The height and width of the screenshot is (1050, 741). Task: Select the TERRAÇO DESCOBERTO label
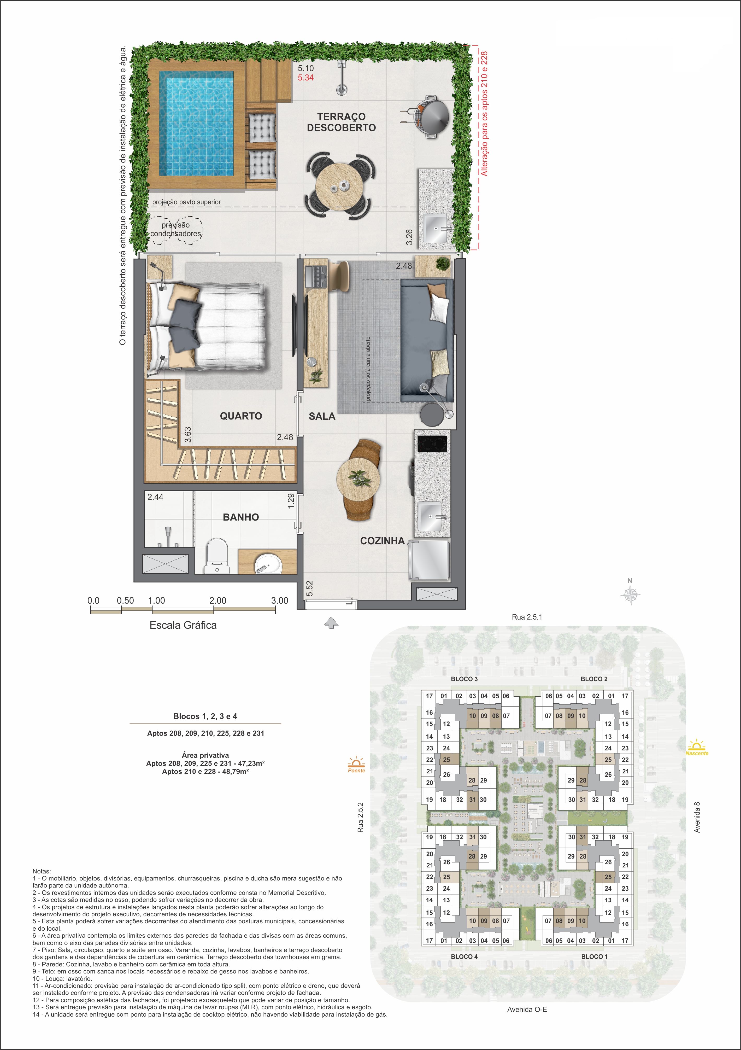[342, 122]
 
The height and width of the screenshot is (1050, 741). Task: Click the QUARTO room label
[241, 416]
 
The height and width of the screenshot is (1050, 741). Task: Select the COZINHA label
[382, 541]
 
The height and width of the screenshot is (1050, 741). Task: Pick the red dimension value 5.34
[306, 78]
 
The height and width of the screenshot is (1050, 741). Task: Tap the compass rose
[630, 594]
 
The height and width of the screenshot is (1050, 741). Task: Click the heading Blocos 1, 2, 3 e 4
[205, 716]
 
